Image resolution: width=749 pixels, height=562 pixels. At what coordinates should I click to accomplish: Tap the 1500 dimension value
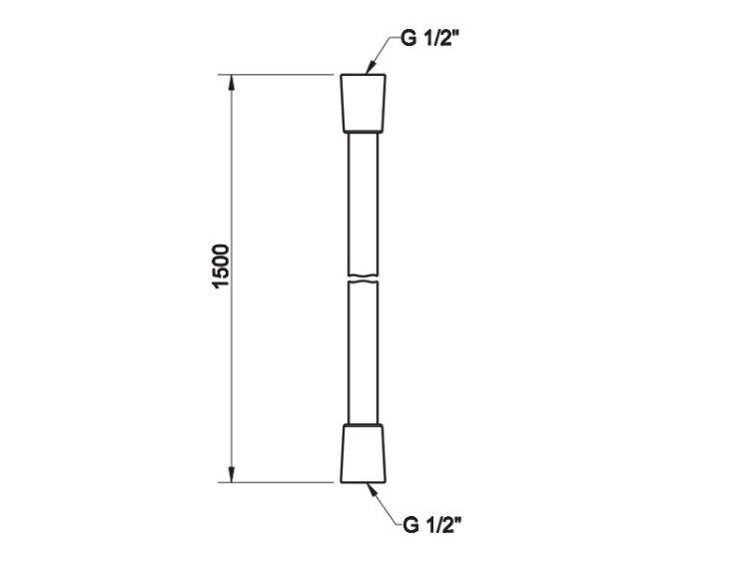221,266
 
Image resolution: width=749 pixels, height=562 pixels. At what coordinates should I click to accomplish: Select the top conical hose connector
364,103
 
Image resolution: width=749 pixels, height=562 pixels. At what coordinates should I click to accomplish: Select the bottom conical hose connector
364,453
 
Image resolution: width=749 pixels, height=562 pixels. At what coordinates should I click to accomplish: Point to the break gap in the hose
364,279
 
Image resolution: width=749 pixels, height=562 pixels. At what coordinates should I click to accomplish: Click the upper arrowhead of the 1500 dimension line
232,83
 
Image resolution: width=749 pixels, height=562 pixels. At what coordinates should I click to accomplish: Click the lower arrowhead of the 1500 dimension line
232,474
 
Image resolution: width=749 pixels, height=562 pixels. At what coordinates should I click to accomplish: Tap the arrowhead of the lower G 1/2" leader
372,490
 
